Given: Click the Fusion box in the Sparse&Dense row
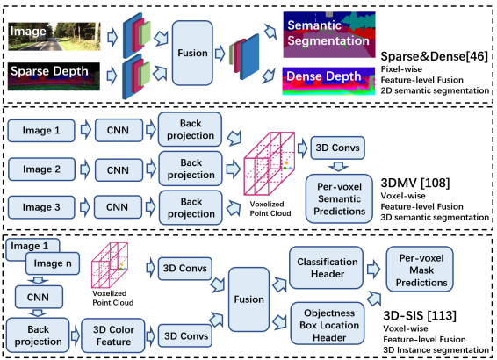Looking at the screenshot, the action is [x=192, y=53].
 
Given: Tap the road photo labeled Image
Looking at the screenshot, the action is [x=54, y=37].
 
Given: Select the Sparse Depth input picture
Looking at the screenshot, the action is [x=54, y=76].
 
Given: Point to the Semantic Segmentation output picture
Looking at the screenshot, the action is [x=329, y=35].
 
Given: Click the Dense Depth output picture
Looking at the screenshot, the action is [x=328, y=81].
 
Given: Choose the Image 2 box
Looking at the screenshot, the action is [x=41, y=169].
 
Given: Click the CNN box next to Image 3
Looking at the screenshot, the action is [x=118, y=207].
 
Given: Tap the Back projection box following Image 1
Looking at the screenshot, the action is [x=191, y=129].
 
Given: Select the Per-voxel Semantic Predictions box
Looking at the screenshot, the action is [x=339, y=198].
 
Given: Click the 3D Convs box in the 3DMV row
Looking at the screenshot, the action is [x=337, y=148].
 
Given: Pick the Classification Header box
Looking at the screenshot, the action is [x=327, y=268].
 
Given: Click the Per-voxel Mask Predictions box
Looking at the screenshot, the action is [x=420, y=270].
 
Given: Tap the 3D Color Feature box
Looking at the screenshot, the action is [x=113, y=335].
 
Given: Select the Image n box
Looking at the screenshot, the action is [x=53, y=263].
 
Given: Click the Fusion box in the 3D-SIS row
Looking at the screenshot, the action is [x=248, y=299].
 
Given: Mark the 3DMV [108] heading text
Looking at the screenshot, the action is [x=415, y=183].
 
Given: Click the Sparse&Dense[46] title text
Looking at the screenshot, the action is [x=435, y=56].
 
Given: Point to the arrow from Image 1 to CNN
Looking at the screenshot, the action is [x=85, y=130].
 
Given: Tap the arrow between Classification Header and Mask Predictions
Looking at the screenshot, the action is [x=374, y=270].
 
